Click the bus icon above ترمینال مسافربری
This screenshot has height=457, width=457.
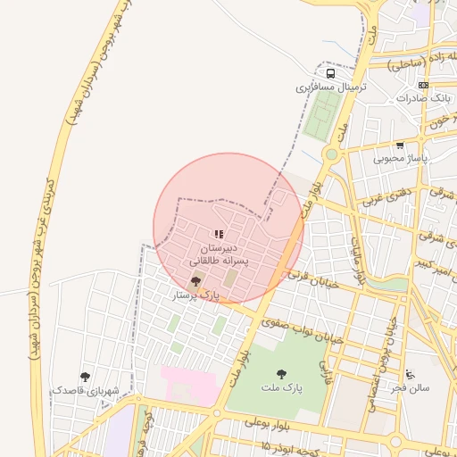tap(330, 74)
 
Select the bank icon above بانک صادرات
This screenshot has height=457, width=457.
tap(423, 85)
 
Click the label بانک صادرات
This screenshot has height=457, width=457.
tap(424, 97)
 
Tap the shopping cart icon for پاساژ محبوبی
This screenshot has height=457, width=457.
tap(400, 145)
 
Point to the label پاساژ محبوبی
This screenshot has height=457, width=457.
tap(400, 158)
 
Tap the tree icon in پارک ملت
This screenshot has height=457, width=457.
tap(282, 374)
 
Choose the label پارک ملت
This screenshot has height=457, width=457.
tap(282, 388)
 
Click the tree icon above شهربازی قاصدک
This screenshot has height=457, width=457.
tap(85, 377)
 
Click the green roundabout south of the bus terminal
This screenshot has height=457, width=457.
tap(331, 154)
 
